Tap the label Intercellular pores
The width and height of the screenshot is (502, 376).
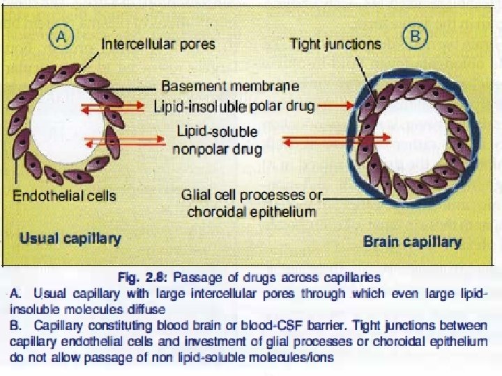158,44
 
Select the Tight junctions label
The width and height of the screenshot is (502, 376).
335,44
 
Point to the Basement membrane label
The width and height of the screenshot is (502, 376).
230,86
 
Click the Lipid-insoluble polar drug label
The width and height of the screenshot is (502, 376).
234,107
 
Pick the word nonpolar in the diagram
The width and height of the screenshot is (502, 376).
200,149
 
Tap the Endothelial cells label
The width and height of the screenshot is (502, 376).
65,196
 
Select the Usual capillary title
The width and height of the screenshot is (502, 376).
70,238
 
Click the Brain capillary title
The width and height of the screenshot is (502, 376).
412,242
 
